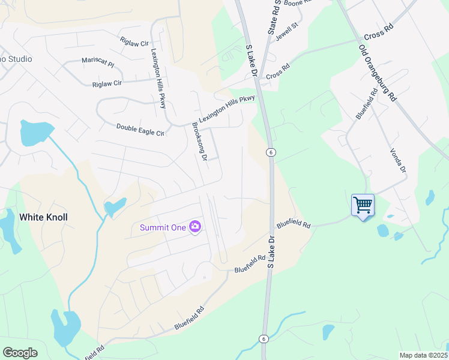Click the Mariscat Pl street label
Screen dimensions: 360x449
[97, 62]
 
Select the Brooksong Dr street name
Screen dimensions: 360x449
[199, 142]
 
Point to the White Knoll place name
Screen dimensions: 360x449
[43, 217]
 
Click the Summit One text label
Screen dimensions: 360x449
[163, 227]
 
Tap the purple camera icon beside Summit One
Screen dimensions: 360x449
[195, 227]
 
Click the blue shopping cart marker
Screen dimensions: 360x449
[363, 205]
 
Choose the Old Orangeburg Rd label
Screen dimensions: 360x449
[378, 72]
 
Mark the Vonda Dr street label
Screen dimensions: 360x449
[398, 161]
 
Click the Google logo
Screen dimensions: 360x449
[20, 352]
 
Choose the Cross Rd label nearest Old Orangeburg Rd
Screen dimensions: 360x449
[378, 35]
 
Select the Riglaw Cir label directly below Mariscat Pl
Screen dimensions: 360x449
[107, 83]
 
